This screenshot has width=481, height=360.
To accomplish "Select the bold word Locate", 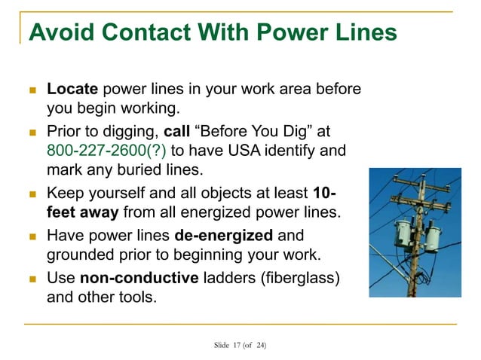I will pyautogui.click(x=72, y=90).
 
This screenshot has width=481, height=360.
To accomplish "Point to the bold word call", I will pyautogui.click(x=176, y=131).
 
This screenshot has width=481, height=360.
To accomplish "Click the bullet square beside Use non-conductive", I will pyautogui.click(x=31, y=278).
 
